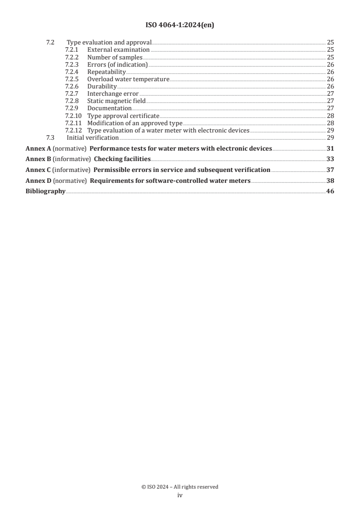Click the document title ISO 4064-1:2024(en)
coord(180,25)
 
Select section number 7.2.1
coord(72,49)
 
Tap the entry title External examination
coord(118,49)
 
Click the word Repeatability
coord(107,72)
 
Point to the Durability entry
coord(102,87)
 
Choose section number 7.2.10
coord(73,116)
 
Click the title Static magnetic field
coord(116,101)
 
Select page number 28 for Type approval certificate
coord(330,116)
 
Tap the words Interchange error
coord(113,94)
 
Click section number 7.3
coord(50,137)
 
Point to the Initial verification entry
coord(93,137)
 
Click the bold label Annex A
coord(38,148)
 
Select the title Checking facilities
coord(122,159)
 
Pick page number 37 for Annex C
coord(330,170)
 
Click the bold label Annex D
coord(38,181)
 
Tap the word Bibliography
coord(45,191)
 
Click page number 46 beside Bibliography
coord(330,191)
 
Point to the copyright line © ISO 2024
coord(180,487)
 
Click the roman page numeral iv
coord(180,495)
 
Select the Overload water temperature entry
coord(128,79)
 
